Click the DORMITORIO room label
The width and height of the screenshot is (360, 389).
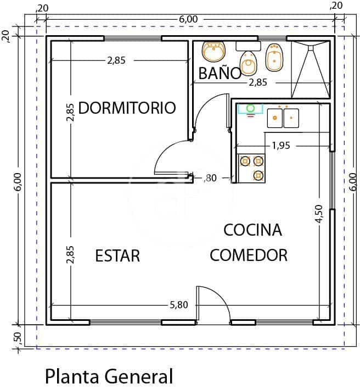[x=127, y=107]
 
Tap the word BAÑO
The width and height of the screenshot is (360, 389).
[x=220, y=73]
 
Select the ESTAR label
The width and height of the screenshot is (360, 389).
[x=117, y=255]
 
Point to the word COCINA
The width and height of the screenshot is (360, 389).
[x=252, y=230]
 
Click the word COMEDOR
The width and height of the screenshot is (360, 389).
[x=249, y=255]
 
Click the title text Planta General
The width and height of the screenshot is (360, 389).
[x=109, y=376]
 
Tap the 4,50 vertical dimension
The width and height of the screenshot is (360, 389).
[x=319, y=215]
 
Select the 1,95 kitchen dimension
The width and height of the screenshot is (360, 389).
[x=280, y=146]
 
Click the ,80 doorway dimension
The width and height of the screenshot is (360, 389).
[x=210, y=177]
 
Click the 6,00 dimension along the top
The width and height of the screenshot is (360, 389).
[x=188, y=19]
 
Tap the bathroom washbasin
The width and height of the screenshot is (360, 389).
[x=213, y=52]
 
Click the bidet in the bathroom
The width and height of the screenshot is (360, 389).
[x=274, y=57]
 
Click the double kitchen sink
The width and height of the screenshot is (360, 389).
[x=283, y=117]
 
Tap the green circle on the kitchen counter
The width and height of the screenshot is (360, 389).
[x=251, y=108]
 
